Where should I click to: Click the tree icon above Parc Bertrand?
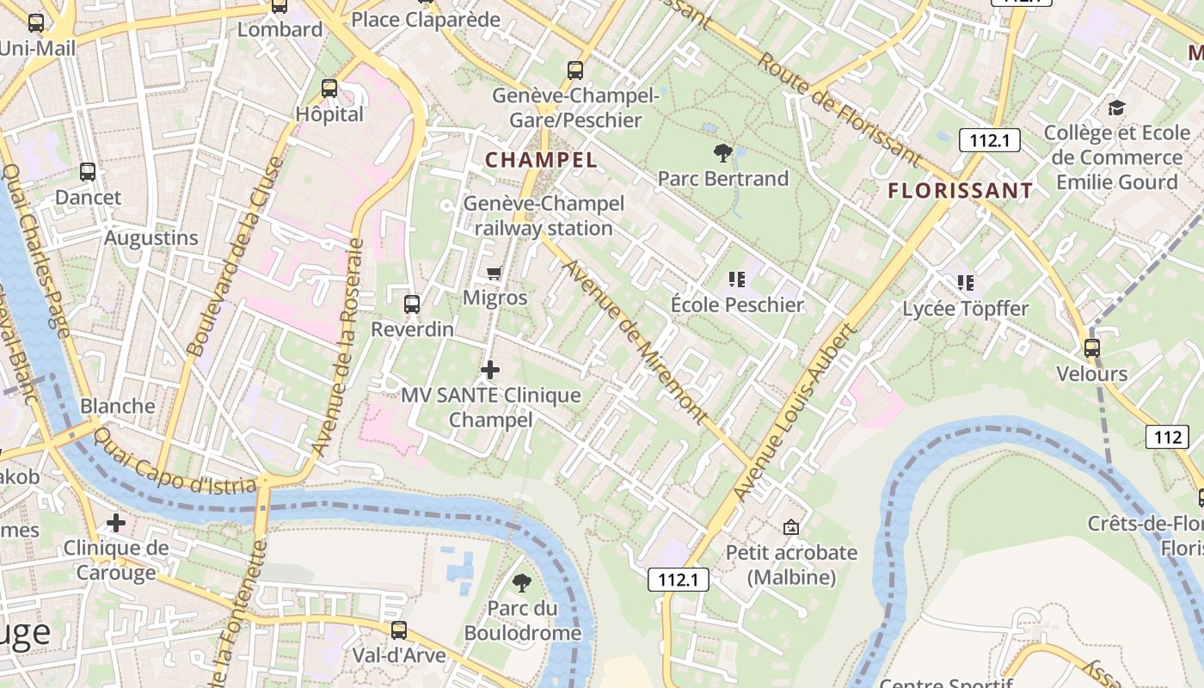(x=723, y=153)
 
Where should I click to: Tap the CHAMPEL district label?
(x=541, y=160)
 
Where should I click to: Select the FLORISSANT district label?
(x=960, y=191)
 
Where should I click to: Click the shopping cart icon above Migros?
(x=494, y=273)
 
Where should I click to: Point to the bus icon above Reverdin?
(x=412, y=304)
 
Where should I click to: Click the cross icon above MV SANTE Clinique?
(x=490, y=371)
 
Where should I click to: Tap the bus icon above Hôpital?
(x=329, y=89)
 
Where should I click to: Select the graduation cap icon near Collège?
(x=1116, y=107)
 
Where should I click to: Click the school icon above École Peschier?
(x=736, y=279)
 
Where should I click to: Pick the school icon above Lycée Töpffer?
(x=965, y=282)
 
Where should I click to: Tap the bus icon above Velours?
(x=1092, y=348)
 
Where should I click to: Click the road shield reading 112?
(x=1167, y=437)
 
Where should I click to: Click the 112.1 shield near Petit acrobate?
(x=678, y=580)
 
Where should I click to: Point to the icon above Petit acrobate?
(x=791, y=526)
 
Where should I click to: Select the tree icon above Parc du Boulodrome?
(x=522, y=583)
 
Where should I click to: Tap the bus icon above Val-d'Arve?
(x=399, y=630)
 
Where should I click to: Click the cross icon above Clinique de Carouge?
(x=116, y=523)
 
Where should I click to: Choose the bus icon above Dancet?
(x=88, y=172)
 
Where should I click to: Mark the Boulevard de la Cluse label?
(x=234, y=258)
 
